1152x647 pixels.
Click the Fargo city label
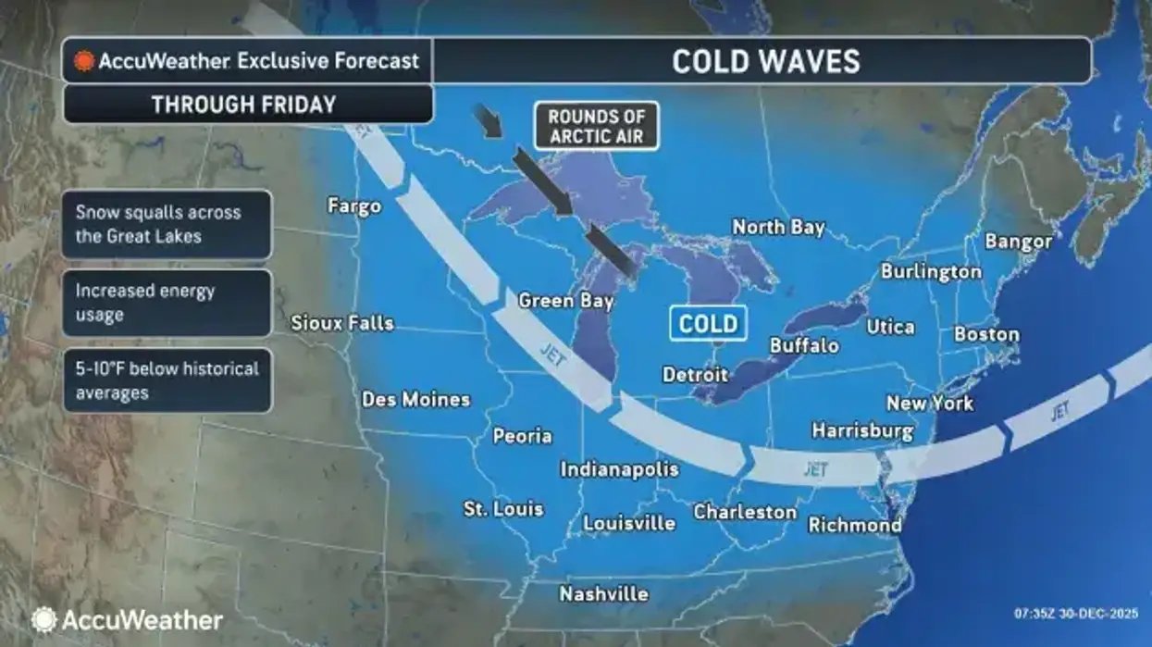point(354,205)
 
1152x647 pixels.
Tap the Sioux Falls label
point(342,323)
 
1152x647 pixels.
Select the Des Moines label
point(415,400)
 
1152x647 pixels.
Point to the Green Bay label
point(565,301)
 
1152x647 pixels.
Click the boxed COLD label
point(709,323)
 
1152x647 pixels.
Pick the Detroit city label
point(695,375)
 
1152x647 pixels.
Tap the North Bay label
point(778,227)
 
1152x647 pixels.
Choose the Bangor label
point(1018,242)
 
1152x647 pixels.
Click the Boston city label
point(986,334)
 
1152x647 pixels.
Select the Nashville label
point(603,594)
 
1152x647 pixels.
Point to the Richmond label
point(855,525)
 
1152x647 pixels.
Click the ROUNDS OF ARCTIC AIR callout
point(596,126)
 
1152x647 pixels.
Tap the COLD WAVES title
point(765,61)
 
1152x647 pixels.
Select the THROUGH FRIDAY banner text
point(243,105)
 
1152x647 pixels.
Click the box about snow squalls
point(167,224)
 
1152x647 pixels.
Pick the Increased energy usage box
point(167,303)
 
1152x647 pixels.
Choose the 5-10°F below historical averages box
point(167,380)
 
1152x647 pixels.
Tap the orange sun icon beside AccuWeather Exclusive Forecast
point(85,62)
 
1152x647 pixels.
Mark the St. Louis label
point(503,509)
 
